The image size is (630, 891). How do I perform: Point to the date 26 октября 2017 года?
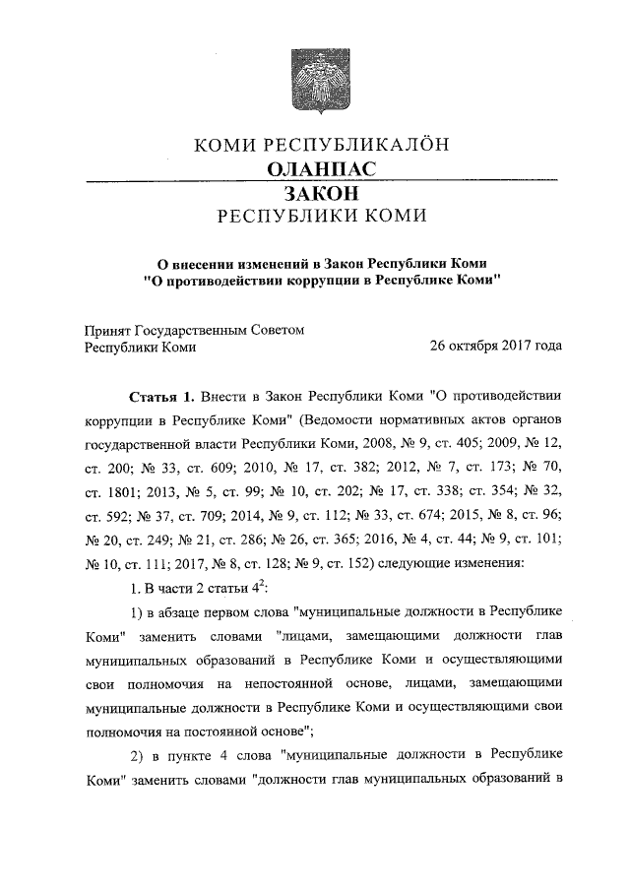(495, 347)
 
